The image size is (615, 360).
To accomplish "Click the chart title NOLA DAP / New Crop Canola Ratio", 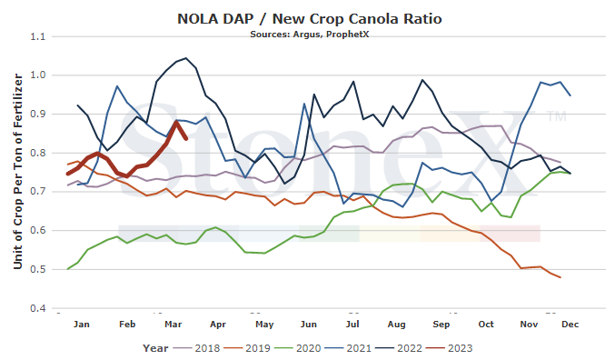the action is [310, 18].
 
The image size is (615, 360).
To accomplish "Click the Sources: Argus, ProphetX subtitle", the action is [310, 35].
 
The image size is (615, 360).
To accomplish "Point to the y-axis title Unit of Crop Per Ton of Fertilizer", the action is [17, 171].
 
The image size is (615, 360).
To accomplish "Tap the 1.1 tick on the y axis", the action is [37, 36].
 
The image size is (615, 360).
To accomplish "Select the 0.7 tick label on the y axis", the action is [37, 192].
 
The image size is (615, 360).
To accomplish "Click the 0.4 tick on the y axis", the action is [37, 308].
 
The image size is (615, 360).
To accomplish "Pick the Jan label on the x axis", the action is [81, 325].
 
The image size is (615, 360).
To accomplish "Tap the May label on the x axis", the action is [264, 325].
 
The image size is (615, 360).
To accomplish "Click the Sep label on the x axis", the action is [441, 325].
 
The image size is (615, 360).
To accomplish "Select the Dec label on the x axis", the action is [570, 325].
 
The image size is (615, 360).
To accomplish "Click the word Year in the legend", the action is [155, 348].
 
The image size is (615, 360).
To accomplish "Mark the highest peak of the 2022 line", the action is [186, 58].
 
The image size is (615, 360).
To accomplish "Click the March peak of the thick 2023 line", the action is [176, 122].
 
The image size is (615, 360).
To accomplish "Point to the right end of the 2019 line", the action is [560, 277].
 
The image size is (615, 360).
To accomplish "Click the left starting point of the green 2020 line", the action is [68, 269].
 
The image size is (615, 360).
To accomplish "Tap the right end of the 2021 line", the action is [570, 95].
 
